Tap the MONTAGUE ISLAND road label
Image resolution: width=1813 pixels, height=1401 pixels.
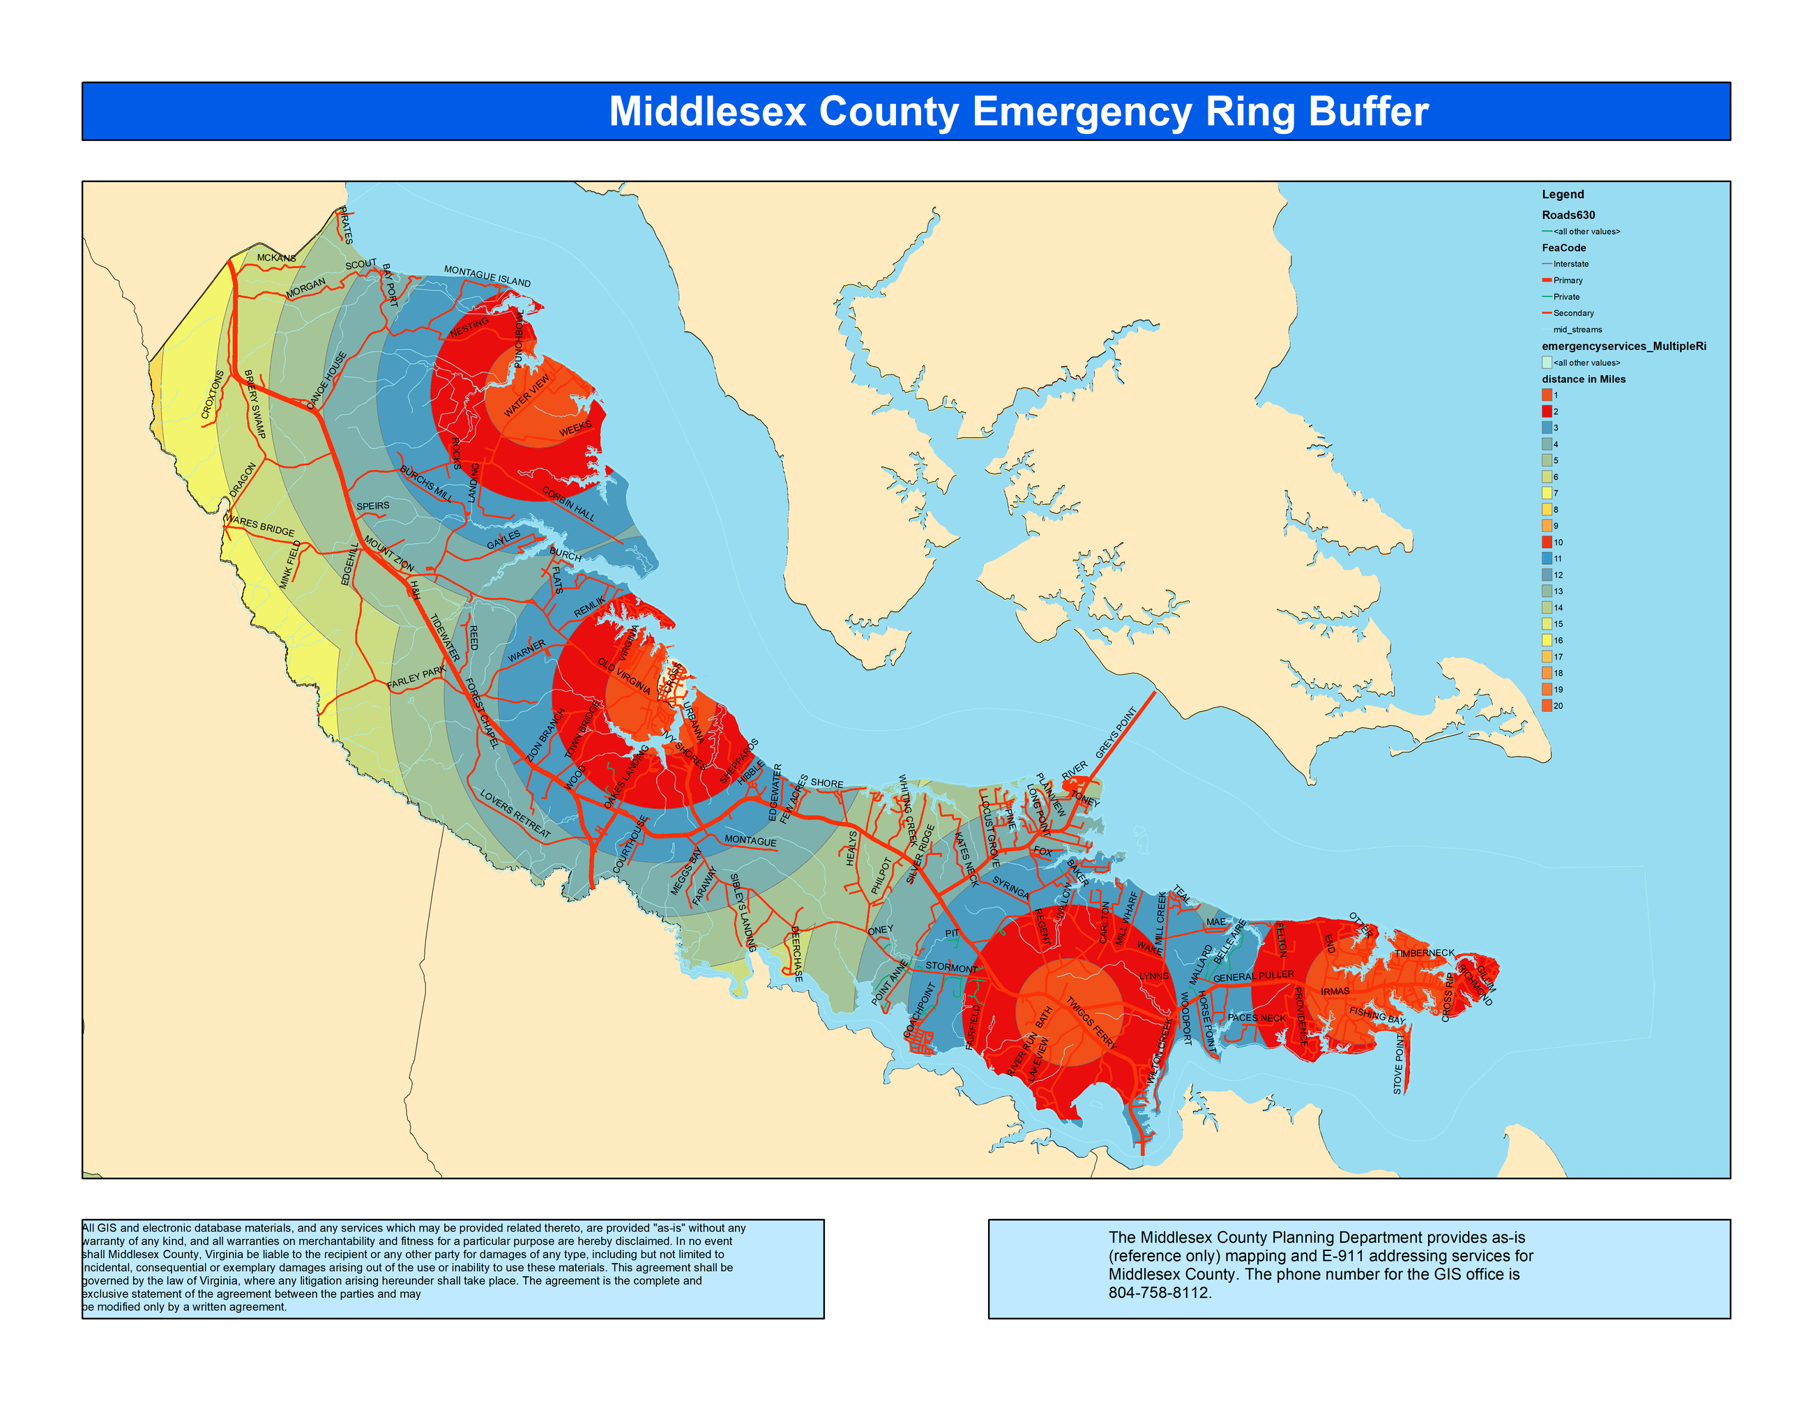point(487,276)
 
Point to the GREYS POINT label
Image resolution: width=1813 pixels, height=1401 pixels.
point(1116,733)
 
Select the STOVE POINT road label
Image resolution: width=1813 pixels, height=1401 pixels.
point(1399,1063)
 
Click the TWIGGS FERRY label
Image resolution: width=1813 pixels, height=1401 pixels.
point(1091,1022)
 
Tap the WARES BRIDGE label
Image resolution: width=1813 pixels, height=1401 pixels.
point(260,525)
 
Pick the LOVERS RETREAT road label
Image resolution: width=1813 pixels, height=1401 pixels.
point(515,813)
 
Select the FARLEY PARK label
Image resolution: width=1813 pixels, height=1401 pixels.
point(417,677)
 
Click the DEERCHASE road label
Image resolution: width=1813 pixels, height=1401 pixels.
point(796,954)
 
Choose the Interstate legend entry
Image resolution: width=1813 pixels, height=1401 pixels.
point(1570,264)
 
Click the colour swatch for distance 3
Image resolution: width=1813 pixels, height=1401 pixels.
point(1547,427)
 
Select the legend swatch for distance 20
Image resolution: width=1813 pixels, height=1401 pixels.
point(1547,706)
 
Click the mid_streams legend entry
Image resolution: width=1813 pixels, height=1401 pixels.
point(1577,329)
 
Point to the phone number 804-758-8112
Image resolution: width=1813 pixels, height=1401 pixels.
point(1159,1293)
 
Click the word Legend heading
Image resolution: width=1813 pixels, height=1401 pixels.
point(1562,194)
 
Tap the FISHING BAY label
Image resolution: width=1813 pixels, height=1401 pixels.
point(1377,1015)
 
